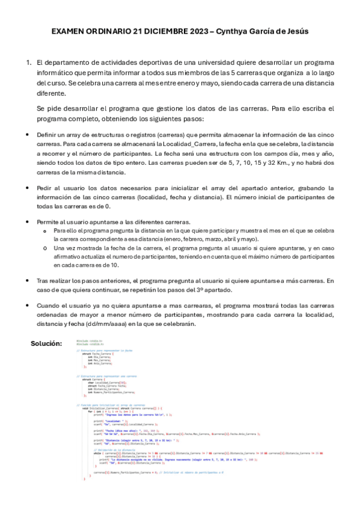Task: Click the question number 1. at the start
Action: (x=28, y=63)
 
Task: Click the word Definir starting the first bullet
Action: (x=47, y=136)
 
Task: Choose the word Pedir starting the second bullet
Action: (x=46, y=188)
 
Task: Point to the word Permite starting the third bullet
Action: (x=49, y=222)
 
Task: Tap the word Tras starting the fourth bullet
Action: (x=43, y=280)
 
